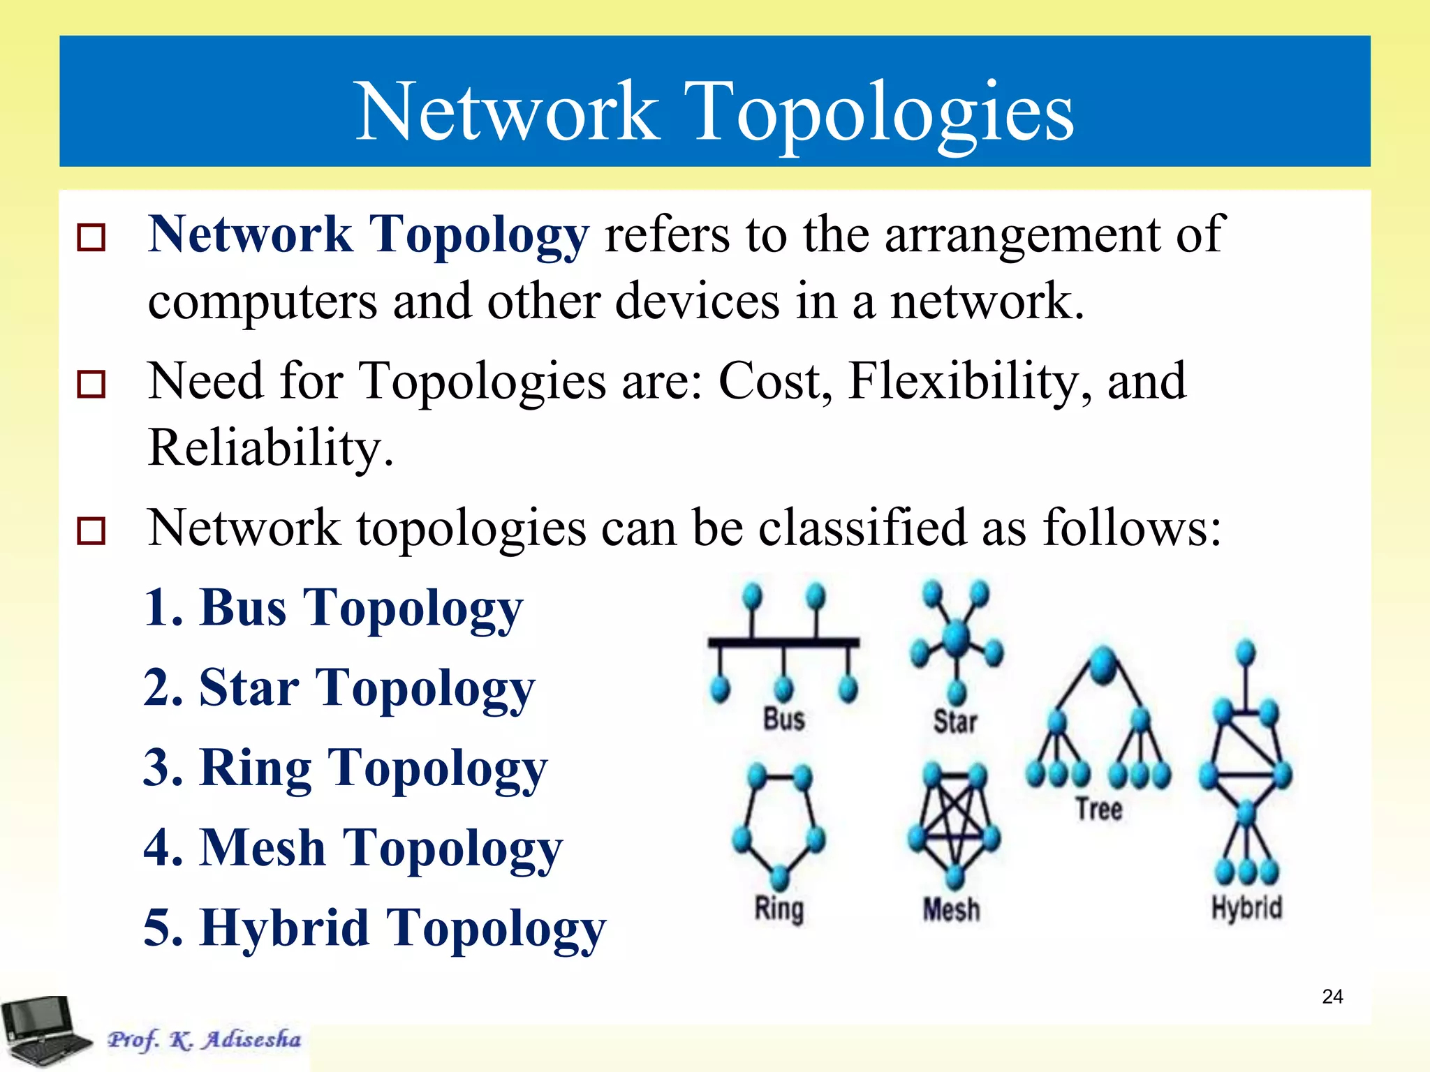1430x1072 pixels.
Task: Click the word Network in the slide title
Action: (508, 112)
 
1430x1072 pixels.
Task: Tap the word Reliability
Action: (271, 448)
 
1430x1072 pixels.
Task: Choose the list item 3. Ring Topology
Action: (346, 768)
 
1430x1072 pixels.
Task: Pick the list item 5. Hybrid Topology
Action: (375, 929)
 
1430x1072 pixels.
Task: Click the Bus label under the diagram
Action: (784, 719)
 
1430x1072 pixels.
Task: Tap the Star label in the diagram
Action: (955, 721)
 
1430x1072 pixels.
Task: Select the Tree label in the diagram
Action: (1099, 809)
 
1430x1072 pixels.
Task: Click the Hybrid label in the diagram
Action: (1247, 908)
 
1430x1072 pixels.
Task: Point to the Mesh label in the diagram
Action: (952, 909)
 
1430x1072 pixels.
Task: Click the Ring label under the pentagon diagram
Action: (779, 909)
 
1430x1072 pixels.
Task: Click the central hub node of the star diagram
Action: (957, 636)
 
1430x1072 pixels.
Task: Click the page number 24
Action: (1332, 997)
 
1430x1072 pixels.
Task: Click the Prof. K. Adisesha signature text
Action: (205, 1039)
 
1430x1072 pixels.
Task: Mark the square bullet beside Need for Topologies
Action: (91, 385)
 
